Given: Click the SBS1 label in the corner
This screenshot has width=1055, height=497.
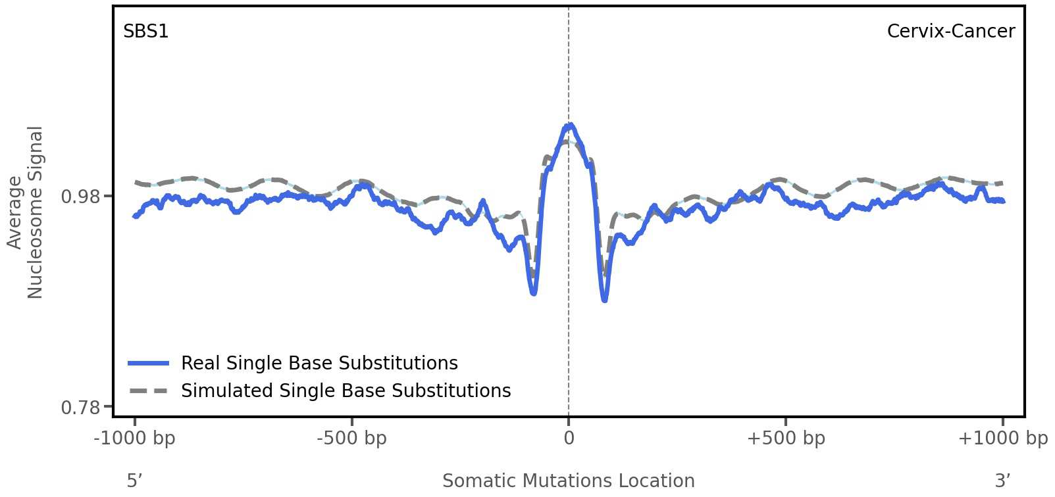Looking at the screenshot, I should click(145, 32).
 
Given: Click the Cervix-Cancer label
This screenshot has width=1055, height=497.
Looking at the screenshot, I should click(950, 32).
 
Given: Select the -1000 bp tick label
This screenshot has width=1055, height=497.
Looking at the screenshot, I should click(135, 438).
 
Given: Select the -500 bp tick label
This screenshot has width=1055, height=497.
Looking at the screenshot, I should click(351, 438).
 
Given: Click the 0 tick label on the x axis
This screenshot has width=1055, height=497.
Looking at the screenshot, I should click(569, 438).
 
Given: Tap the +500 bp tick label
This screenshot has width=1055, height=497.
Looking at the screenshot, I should click(786, 438).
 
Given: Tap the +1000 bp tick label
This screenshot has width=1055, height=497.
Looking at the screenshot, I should click(1002, 438).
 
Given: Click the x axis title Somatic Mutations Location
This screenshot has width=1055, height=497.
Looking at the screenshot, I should click(569, 481).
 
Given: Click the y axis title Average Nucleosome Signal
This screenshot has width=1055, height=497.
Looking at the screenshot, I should click(25, 212).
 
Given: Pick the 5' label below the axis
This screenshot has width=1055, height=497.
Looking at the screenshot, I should click(134, 481).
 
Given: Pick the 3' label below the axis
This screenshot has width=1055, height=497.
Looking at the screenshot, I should click(1002, 481).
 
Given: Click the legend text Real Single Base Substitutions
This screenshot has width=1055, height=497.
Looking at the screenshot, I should click(319, 364).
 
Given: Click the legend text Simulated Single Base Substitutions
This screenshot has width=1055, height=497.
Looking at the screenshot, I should click(346, 391).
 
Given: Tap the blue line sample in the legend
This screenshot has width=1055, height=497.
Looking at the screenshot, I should click(149, 364).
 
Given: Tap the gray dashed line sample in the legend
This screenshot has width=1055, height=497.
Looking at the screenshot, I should click(149, 391).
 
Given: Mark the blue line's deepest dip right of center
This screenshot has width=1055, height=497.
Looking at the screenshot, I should click(605, 300).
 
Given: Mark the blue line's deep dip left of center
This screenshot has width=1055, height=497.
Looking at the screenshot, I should click(534, 293).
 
